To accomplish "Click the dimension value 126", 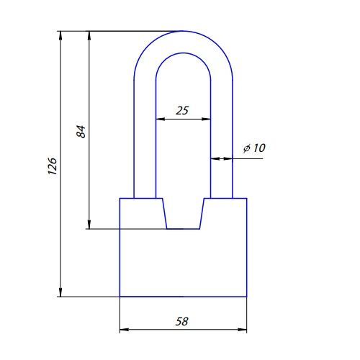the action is click(52, 166).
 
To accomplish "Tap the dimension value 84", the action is click(81, 131).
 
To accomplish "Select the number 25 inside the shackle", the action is click(182, 111).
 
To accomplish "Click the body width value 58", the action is click(182, 321).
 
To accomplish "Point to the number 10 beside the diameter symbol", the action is click(259, 148).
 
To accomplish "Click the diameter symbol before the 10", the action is click(247, 148).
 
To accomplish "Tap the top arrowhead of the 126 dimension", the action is click(60, 35).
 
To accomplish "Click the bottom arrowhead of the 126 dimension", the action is click(60, 292).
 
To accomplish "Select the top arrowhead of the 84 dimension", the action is click(89, 35).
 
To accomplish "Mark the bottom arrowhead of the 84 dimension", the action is click(89, 225).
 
